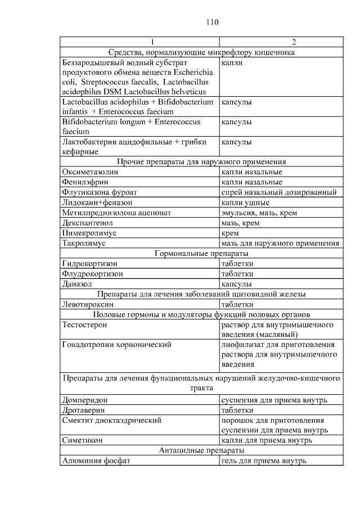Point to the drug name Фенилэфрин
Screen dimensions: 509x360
coord(85,182)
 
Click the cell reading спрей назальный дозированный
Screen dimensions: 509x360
coord(279,192)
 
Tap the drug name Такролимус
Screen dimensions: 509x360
coord(84,243)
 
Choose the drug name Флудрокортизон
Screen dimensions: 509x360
coord(93,274)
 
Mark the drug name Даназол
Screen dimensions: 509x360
coord(76,284)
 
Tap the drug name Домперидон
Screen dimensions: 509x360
coord(85,400)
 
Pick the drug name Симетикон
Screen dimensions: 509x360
coord(82,440)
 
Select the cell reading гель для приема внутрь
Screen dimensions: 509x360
coord(264,461)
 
